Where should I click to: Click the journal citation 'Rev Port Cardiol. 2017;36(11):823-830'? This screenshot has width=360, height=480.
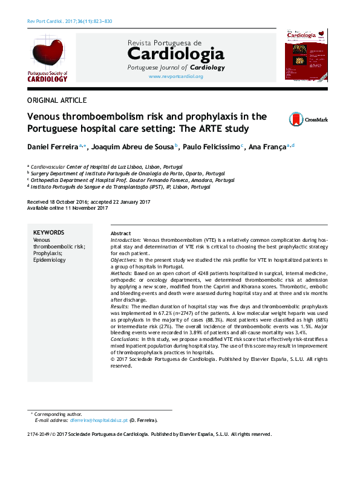click(x=70, y=22)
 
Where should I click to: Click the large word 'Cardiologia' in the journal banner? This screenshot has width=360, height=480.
click(x=175, y=55)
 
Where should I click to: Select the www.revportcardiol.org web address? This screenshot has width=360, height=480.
click(x=175, y=77)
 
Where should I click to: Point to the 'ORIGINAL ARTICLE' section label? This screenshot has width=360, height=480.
click(x=57, y=100)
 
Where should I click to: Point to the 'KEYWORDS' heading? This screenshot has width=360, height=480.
click(x=49, y=232)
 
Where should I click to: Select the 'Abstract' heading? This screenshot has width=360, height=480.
click(x=120, y=233)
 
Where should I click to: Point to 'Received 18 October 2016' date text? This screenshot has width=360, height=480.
click(x=58, y=201)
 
